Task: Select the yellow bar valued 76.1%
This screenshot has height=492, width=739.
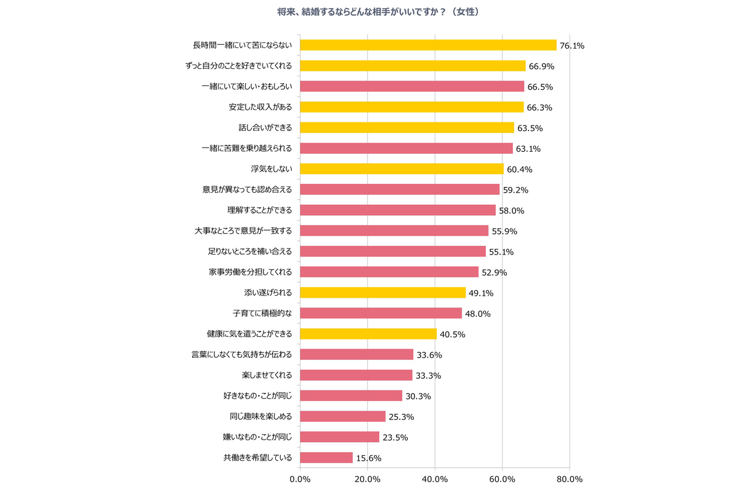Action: coord(428,45)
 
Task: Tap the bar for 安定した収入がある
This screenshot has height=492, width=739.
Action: coord(411,107)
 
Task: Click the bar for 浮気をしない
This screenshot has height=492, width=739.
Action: coord(402,169)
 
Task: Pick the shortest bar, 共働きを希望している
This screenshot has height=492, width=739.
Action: coord(326,458)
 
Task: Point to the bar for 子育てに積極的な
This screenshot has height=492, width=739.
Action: coord(381,313)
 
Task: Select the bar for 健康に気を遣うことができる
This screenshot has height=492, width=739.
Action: coord(368,334)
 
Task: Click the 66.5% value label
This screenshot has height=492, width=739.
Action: coord(539,87)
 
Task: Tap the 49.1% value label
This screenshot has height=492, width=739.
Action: coord(481,293)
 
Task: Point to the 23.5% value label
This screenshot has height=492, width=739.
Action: coord(395,438)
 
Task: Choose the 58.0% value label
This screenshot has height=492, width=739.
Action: coord(511,210)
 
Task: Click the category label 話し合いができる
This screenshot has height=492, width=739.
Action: coord(265,127)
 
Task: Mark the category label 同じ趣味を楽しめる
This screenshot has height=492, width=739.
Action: coord(260,416)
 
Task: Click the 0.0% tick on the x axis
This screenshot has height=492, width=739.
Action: coord(300,479)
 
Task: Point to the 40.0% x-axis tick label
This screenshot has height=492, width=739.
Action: coord(435,479)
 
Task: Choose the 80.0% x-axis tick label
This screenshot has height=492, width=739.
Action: coord(569,479)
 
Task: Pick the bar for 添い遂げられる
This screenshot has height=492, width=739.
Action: coord(382,293)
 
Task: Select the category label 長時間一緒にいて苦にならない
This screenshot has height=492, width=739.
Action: coord(242,45)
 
